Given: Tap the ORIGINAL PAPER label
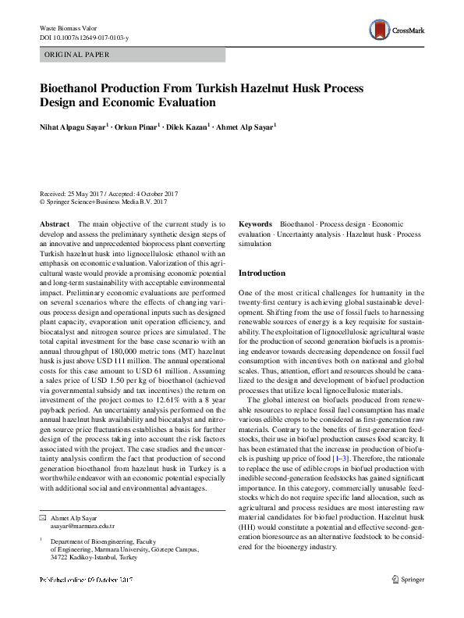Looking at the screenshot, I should tap(76, 55).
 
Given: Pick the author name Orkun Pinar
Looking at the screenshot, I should tap(137, 127).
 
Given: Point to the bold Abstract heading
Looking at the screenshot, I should tap(54, 224).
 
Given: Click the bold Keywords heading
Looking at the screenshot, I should tap(255, 224).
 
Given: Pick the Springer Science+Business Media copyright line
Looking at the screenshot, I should tap(103, 202).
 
